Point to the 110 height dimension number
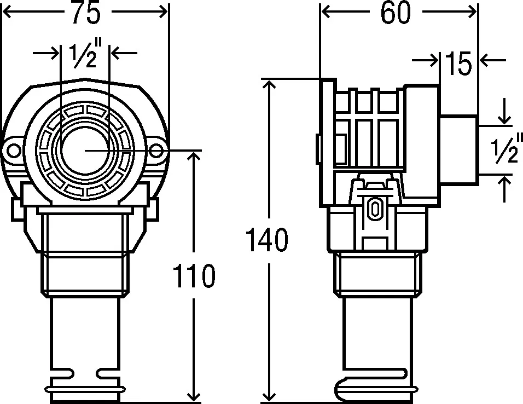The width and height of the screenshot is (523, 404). coord(194,276)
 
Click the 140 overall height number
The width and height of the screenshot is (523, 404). coord(266,241)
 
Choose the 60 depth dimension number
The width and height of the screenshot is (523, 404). coord(396,13)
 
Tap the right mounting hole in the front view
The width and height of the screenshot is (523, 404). coord(156,149)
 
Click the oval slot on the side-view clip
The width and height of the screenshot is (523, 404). coord(375,208)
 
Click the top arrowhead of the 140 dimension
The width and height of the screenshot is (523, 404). coord(268,85)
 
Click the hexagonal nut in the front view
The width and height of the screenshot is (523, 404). coord(85,274)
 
